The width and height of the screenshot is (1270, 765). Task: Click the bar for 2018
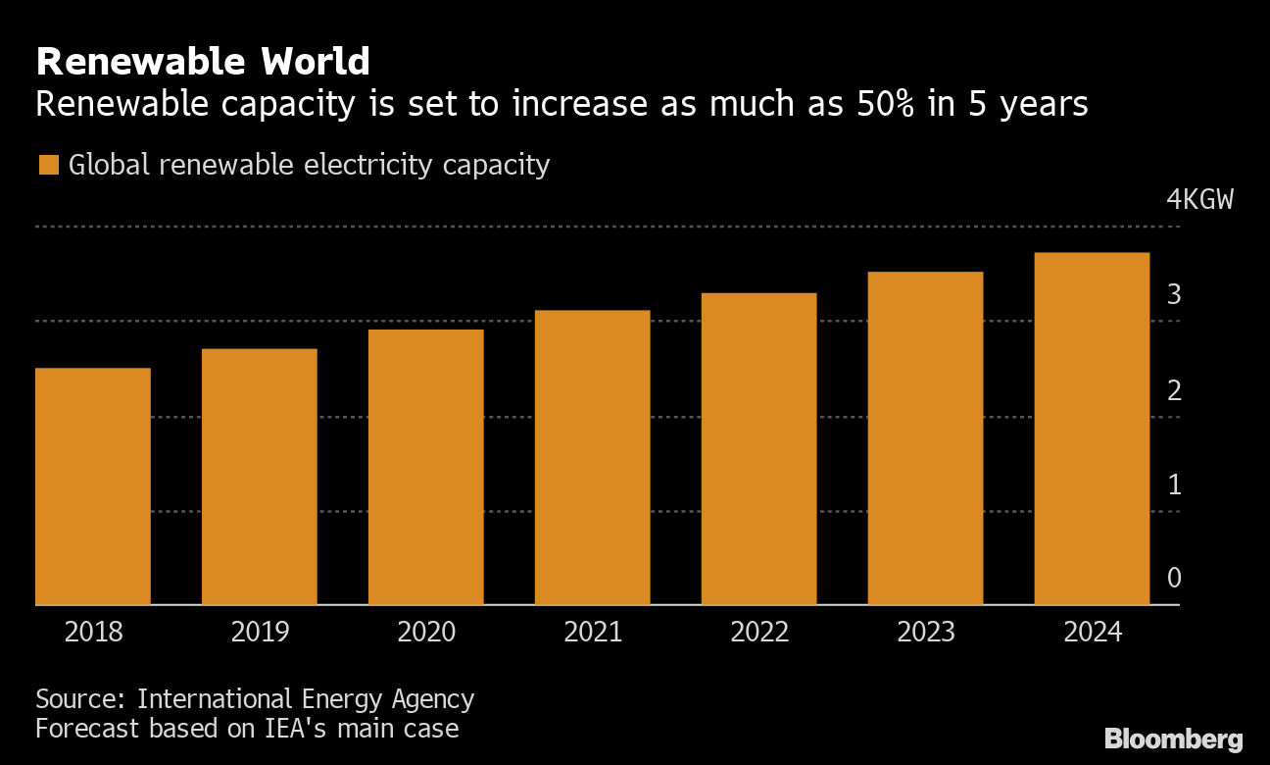[93, 486]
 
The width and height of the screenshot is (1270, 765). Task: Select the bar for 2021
[592, 458]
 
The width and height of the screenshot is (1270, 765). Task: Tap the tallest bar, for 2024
[1092, 429]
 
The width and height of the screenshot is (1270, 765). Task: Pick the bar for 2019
[260, 477]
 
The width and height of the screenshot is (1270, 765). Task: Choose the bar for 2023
[925, 438]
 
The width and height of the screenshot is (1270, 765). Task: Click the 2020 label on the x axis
[426, 632]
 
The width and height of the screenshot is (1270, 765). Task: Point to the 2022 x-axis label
[759, 632]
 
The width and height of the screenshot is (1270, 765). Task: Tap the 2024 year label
[1092, 632]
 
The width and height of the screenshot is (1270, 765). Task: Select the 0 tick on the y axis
[1174, 578]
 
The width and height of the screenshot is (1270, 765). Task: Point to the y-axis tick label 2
[1174, 390]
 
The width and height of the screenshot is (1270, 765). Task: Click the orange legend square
[48, 165]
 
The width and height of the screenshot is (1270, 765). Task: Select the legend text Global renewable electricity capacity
[309, 165]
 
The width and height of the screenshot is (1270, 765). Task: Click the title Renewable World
[203, 63]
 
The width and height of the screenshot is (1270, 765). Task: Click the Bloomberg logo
[1173, 739]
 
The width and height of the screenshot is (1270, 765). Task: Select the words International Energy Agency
[306, 699]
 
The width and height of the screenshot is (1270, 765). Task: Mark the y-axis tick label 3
[1174, 295]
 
